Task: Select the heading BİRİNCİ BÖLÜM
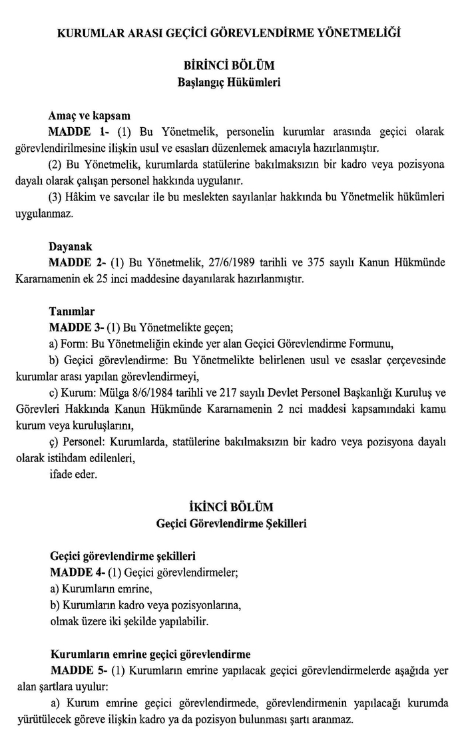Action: pyautogui.click(x=232, y=67)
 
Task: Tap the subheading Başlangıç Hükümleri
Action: pyautogui.click(x=232, y=83)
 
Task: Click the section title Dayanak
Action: pyautogui.click(x=71, y=246)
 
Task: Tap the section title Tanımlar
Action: pyautogui.click(x=72, y=311)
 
